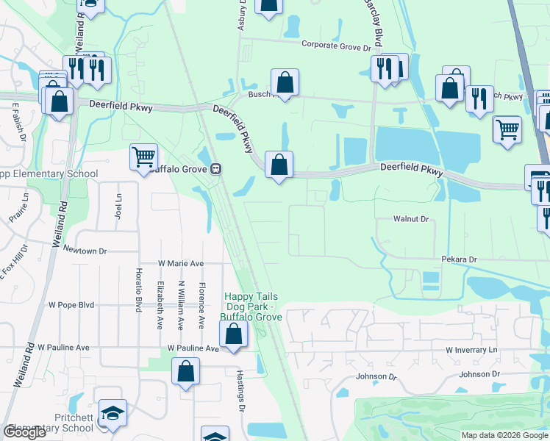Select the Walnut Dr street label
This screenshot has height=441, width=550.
point(410,219)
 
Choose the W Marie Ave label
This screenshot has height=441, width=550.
point(180,263)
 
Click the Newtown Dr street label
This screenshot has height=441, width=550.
point(85,251)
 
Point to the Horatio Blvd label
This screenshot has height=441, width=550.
point(137,290)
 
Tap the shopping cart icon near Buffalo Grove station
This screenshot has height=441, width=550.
point(143,156)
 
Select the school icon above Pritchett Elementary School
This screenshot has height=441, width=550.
point(113,414)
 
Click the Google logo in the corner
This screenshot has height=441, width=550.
point(24,432)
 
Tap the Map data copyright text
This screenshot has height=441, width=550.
point(505,435)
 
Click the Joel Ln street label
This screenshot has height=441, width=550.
point(118,207)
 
